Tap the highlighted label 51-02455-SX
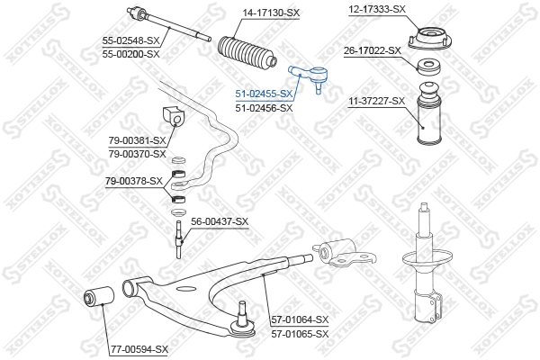[264, 94]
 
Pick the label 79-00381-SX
[138, 140]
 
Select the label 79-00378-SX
[134, 181]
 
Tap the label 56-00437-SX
[220, 221]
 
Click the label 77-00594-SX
[139, 348]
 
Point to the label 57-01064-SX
[301, 319]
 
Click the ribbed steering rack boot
[247, 52]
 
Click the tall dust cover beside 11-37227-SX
[428, 129]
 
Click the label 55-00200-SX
[131, 54]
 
